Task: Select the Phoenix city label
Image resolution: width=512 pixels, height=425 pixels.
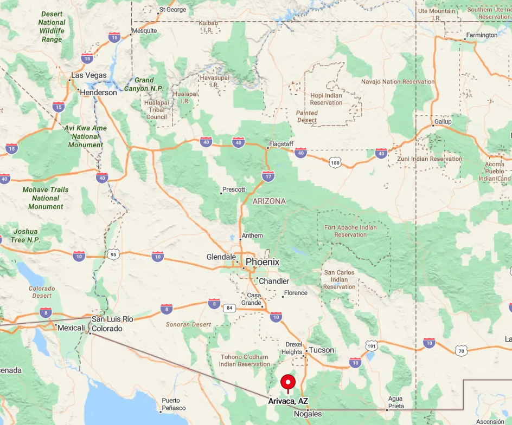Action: pos(263,262)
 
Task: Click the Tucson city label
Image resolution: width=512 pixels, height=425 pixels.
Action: pos(322,350)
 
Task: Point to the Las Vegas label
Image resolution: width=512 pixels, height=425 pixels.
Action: pos(89,75)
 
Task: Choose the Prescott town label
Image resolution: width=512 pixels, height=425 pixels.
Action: pos(234,189)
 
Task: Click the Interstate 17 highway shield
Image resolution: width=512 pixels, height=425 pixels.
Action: pos(268,176)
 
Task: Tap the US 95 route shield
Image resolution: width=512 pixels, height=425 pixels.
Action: pos(113,254)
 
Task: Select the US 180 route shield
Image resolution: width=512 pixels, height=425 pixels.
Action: pos(336,162)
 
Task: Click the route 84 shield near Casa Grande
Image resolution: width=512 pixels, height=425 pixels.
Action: pos(229,308)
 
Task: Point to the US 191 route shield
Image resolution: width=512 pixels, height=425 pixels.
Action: pos(372,346)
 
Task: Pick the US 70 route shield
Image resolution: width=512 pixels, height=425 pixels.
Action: pos(461,351)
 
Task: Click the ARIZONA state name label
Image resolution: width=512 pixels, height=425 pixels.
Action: pos(269,201)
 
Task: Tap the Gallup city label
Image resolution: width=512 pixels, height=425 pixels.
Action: pos(443,122)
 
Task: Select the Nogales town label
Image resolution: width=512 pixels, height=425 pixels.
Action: pos(308,414)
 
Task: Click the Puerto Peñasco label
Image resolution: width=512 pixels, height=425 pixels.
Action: pos(174,404)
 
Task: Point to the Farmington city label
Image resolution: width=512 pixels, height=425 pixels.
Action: pos(482,35)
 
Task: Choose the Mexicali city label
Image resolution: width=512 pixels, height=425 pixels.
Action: pos(72,328)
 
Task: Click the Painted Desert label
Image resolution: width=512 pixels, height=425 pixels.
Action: pos(307,116)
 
